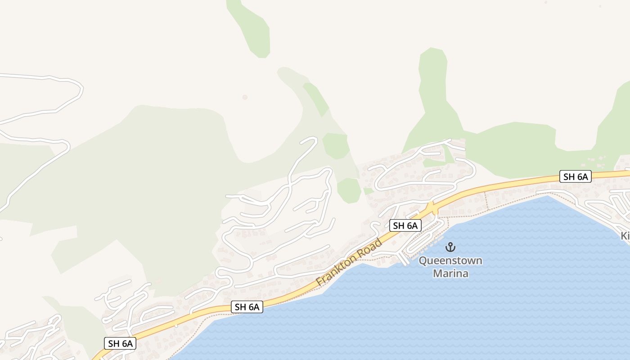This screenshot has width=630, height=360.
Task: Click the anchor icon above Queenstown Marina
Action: click(450, 247)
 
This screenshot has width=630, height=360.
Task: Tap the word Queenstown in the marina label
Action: click(450, 261)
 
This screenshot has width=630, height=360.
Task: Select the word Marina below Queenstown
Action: click(450, 273)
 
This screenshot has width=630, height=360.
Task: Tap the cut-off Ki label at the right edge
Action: click(625, 236)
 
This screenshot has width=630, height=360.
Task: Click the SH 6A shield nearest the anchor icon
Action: click(405, 225)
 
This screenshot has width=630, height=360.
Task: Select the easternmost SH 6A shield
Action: click(575, 176)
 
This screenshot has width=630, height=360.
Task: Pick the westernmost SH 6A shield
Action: click(120, 343)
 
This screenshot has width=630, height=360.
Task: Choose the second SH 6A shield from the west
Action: click(247, 307)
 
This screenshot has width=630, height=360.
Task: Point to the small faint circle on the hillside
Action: click(245, 97)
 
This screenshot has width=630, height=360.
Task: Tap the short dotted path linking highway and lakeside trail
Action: click(486, 201)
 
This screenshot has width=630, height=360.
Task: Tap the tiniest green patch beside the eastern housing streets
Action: click(369, 191)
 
